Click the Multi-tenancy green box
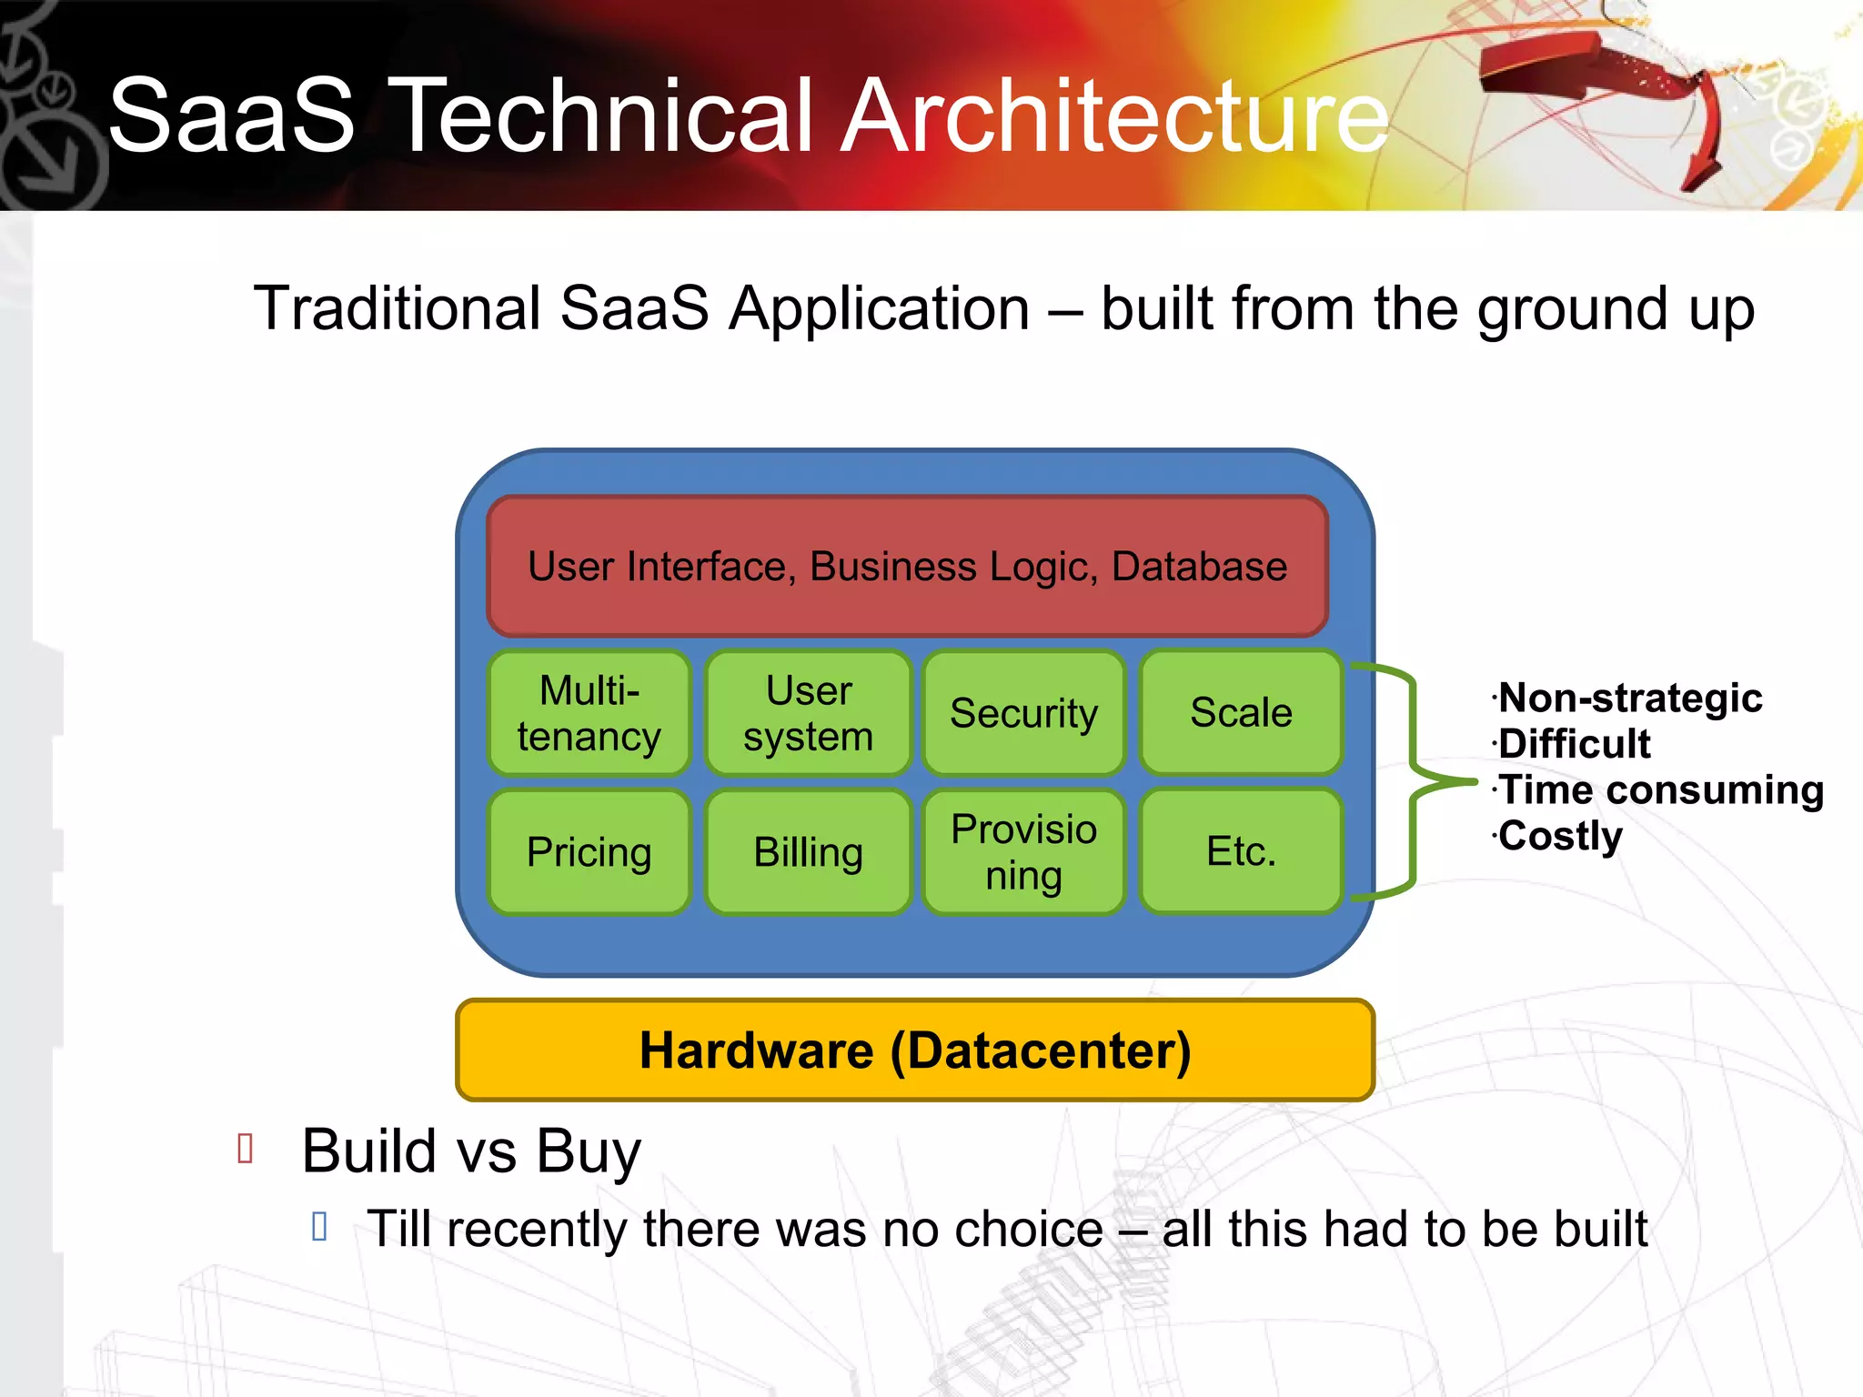[x=589, y=713]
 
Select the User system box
[x=808, y=713]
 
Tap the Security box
[x=1024, y=713]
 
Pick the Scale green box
[x=1241, y=712]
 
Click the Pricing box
[x=589, y=852]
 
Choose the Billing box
[x=808, y=852]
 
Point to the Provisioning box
[x=1024, y=852]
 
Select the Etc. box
[x=1241, y=851]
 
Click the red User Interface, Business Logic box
[x=908, y=567]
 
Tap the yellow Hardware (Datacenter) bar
[x=915, y=1050]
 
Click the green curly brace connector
[x=1413, y=781]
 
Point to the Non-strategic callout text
[x=1630, y=698]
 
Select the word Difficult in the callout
[x=1574, y=744]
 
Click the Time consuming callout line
[x=1661, y=789]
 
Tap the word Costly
[x=1560, y=836]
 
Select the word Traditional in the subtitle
[x=397, y=308]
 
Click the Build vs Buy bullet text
[x=471, y=1151]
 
